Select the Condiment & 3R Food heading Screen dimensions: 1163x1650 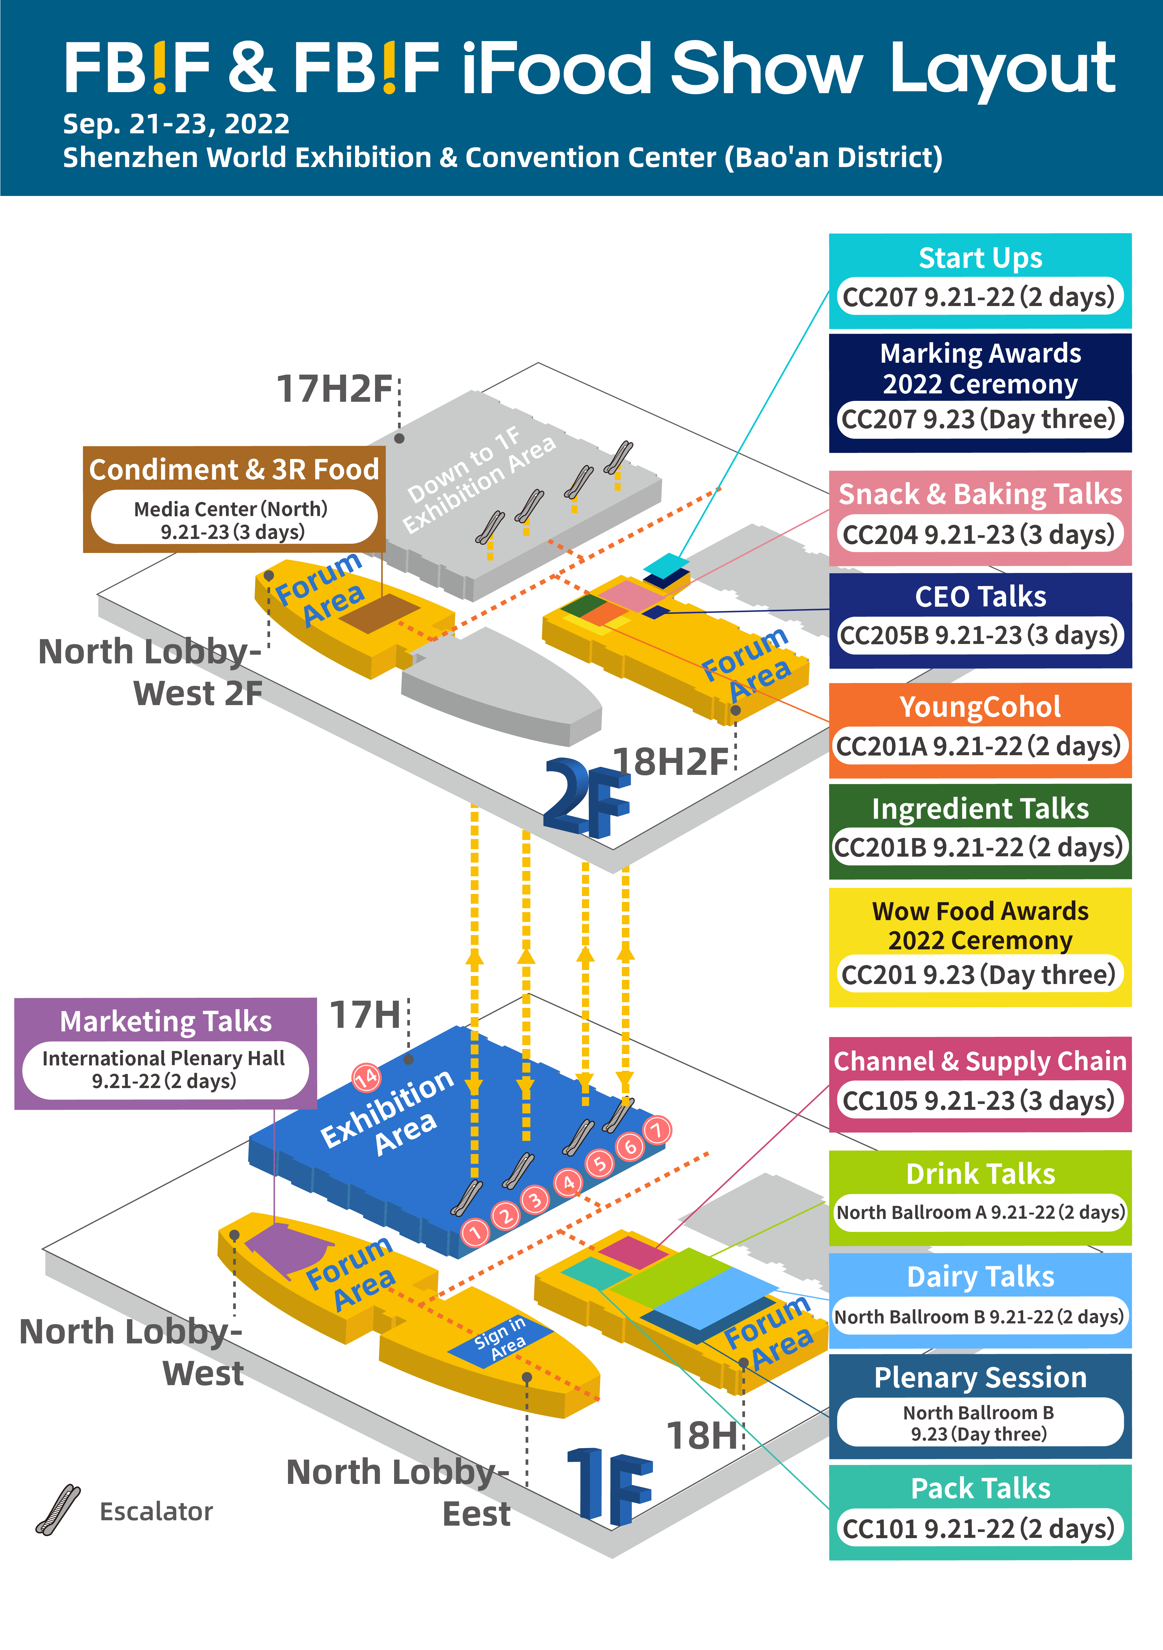click(x=234, y=469)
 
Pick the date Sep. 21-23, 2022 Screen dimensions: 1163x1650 click(x=176, y=123)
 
